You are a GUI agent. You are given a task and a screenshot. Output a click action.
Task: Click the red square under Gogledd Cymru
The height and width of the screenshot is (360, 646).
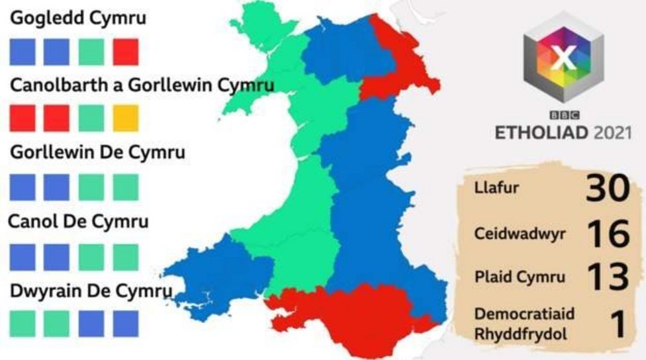click(x=125, y=52)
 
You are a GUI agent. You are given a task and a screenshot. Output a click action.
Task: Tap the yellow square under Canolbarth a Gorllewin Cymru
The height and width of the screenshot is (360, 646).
click(x=125, y=118)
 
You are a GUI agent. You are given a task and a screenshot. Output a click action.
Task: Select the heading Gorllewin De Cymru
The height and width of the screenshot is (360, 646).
click(x=97, y=152)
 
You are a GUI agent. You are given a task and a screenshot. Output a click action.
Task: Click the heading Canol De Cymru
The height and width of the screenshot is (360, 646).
click(x=79, y=221)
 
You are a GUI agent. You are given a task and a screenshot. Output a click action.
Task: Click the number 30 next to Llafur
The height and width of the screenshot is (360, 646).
click(x=606, y=189)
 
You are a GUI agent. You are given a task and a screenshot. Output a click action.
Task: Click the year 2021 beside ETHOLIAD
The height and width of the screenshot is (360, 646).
click(x=613, y=132)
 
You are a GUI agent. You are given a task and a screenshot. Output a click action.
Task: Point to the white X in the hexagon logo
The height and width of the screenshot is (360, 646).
click(x=563, y=59)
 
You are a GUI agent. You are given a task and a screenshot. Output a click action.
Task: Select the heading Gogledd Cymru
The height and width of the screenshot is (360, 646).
click(x=77, y=19)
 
